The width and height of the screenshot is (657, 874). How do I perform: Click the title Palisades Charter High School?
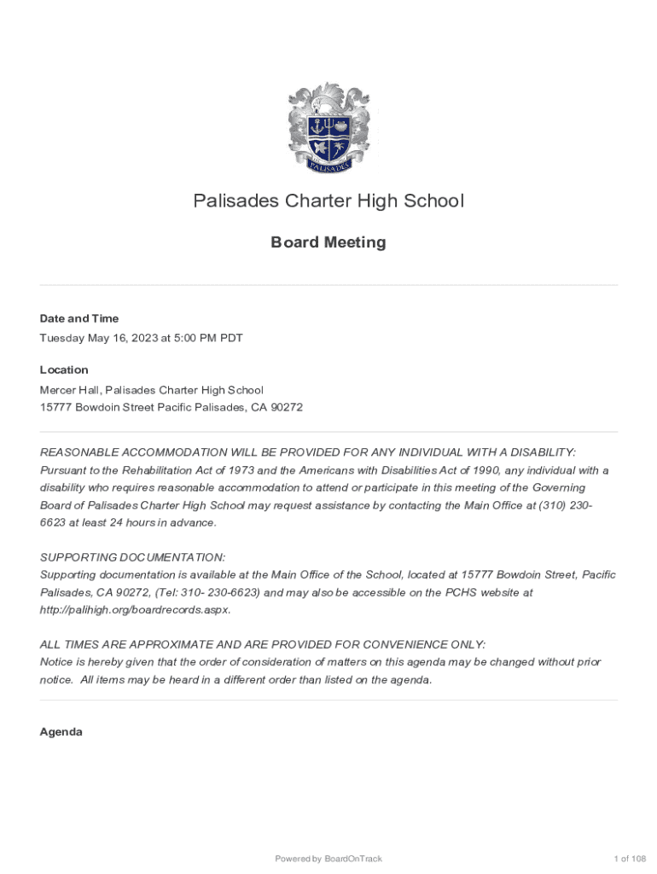(328, 201)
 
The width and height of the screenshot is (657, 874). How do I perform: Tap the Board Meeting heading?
(328, 242)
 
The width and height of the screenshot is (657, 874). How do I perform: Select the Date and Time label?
(79, 318)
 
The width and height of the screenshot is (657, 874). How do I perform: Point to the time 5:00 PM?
(189, 338)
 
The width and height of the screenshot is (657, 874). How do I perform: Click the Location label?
(64, 370)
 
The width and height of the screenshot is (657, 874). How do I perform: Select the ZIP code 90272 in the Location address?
(286, 407)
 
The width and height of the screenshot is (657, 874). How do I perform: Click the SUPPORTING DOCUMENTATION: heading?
(133, 556)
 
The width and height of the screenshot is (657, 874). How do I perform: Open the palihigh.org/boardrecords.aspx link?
(135, 609)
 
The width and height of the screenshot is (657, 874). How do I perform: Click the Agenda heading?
(61, 731)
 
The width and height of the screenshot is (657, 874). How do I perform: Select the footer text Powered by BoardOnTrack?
(328, 859)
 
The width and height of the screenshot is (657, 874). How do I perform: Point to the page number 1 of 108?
(630, 859)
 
